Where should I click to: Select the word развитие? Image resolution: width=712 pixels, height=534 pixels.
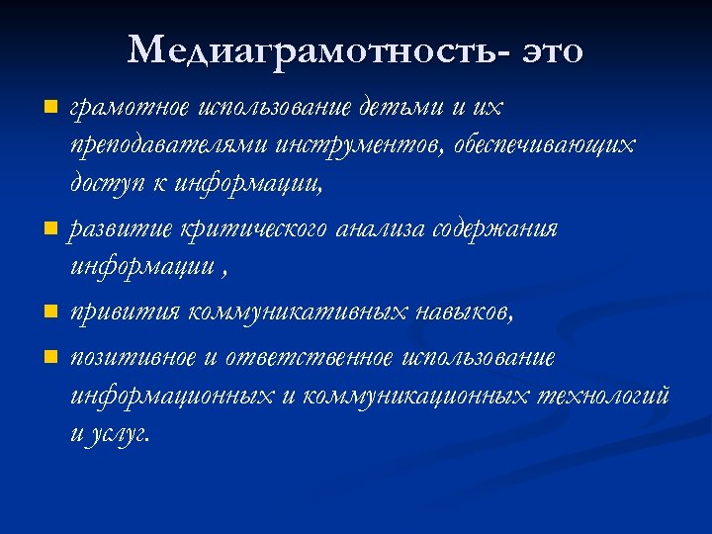point(121,229)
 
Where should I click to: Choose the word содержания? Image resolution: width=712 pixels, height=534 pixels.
point(497,229)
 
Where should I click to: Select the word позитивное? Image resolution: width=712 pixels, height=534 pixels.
point(133,357)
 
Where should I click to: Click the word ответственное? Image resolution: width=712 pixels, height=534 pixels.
point(311,357)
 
